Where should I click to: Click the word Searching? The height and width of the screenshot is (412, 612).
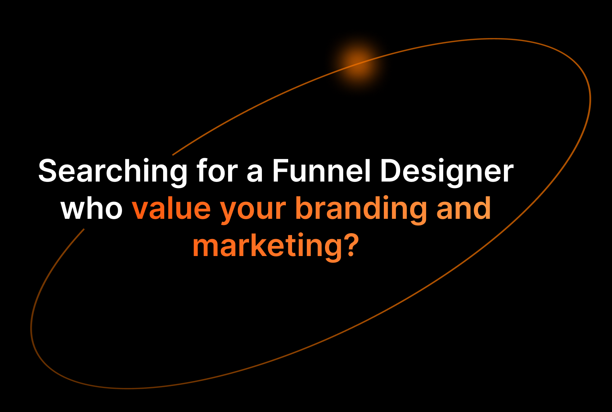point(113,172)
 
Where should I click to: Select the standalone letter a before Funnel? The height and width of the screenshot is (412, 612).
point(254,173)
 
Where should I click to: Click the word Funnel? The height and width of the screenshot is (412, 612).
point(321,170)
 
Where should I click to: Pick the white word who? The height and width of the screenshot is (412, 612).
point(91,208)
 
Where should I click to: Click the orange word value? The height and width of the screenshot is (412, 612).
point(171,208)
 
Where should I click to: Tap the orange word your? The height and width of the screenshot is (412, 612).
point(253,211)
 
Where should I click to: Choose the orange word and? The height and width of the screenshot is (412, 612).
point(464,208)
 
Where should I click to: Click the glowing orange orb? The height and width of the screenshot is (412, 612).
point(358,63)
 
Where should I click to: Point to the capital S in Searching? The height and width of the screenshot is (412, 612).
point(48,170)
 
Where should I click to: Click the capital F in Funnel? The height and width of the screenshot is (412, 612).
point(280,170)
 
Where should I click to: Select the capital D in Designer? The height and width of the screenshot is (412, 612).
point(390,170)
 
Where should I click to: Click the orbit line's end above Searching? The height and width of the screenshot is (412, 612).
point(173,155)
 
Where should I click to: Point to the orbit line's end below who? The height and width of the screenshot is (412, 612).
point(84,229)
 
